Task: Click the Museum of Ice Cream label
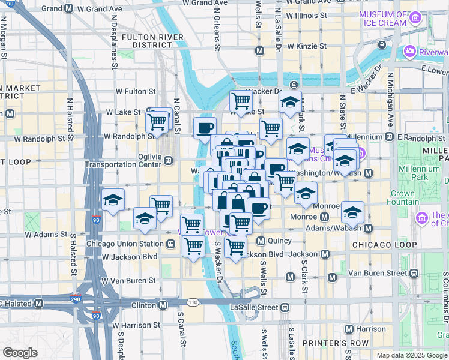384,19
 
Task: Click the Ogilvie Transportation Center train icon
170,160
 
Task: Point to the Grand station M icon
69,9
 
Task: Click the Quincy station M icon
261,241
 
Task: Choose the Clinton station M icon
163,305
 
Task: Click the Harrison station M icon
349,329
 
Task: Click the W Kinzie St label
307,46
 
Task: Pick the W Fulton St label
136,92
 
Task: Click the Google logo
20,353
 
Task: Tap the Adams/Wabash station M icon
368,229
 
